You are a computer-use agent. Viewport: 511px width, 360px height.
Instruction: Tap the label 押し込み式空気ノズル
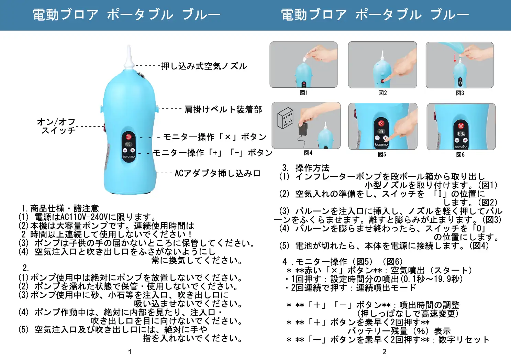[204, 66]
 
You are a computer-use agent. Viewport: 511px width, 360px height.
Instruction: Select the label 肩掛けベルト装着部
[223, 110]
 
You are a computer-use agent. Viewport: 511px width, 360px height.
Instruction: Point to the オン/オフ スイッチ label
[56, 126]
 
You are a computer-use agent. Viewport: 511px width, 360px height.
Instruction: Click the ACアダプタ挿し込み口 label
[218, 173]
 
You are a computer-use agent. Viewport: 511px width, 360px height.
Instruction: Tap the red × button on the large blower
[129, 137]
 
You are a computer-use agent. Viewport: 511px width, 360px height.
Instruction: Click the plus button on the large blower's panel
[132, 150]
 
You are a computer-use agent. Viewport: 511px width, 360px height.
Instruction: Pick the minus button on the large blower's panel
[125, 150]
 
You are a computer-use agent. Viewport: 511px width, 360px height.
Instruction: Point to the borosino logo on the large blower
[129, 156]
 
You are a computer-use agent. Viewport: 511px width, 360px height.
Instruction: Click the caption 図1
[304, 93]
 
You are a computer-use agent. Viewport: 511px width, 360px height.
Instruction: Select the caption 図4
[308, 153]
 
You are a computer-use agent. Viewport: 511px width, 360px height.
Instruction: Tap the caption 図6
[460, 155]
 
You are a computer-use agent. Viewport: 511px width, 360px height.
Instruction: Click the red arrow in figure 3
[455, 58]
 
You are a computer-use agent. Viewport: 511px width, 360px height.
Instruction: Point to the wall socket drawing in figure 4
[285, 118]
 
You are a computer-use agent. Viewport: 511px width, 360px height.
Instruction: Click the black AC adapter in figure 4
[303, 129]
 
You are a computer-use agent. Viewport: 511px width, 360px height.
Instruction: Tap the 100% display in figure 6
[461, 133]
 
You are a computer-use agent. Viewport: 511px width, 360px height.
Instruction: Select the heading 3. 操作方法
[306, 168]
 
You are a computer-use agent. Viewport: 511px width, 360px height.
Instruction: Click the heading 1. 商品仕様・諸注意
[60, 208]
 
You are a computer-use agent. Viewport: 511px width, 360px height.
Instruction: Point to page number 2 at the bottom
[385, 352]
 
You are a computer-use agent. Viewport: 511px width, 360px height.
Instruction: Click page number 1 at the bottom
[130, 352]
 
